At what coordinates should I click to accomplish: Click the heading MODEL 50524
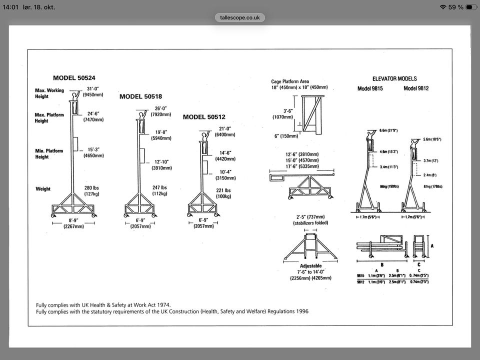point(74,78)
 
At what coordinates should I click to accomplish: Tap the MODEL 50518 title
point(140,96)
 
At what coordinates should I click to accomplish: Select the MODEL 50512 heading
point(204,117)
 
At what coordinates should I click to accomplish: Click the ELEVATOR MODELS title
point(394,78)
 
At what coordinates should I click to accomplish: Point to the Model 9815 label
point(370,88)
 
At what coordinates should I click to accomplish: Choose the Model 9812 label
point(416,88)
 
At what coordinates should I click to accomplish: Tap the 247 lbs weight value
point(159,188)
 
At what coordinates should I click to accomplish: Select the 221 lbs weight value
point(223,190)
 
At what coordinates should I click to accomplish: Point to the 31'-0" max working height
point(93,89)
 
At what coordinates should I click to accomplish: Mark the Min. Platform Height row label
point(49,153)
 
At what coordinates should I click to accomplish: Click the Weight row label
point(43,189)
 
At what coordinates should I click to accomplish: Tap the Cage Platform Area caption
point(290,81)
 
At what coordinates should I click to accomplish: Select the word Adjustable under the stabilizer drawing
point(311,266)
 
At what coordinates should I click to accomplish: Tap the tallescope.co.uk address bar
point(240,17)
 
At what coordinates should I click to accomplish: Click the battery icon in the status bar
point(471,7)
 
